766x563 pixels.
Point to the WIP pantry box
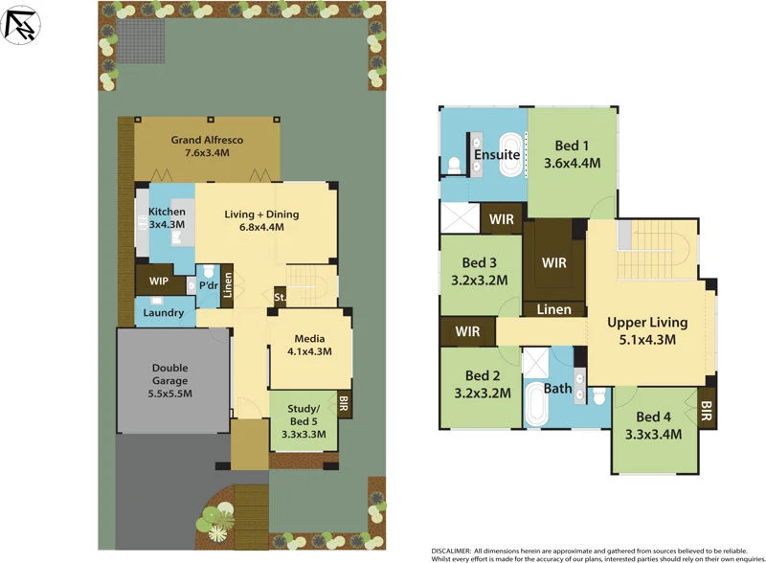tap(152, 283)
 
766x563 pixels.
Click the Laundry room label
tap(164, 313)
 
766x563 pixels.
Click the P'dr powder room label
tap(208, 285)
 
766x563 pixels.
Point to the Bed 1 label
tap(573, 146)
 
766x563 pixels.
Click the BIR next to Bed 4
tap(707, 410)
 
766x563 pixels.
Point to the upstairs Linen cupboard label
tap(554, 309)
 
